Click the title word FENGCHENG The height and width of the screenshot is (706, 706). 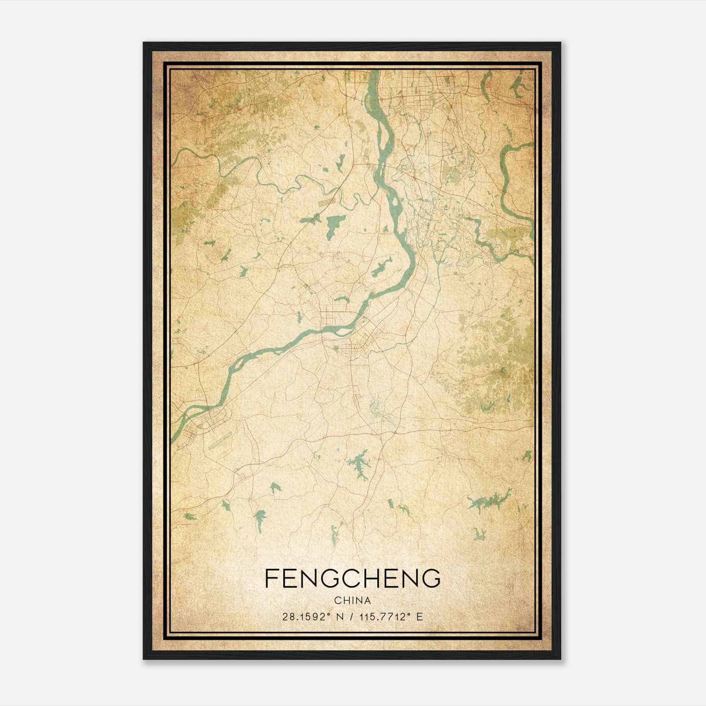(x=353, y=578)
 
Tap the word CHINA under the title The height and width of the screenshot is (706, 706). (x=353, y=601)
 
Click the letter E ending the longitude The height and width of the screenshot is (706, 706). (x=420, y=616)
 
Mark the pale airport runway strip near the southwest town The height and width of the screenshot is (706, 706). (x=219, y=441)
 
